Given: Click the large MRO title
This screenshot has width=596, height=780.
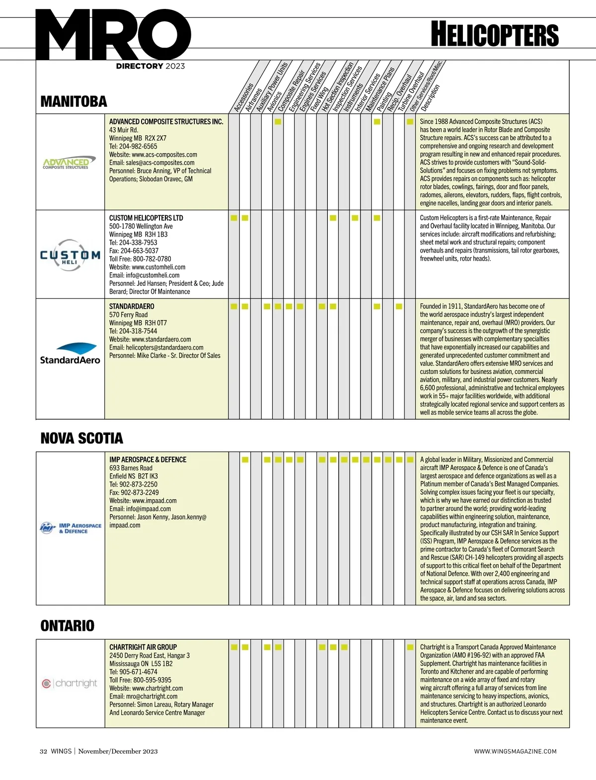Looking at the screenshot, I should point(113,35).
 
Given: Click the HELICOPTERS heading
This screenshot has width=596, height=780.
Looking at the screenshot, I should point(495,34).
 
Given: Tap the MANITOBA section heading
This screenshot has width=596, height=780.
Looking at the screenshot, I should point(74,102).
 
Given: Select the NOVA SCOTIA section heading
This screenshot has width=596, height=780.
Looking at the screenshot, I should point(81,438).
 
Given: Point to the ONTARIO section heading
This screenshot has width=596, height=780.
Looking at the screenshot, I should point(67,626).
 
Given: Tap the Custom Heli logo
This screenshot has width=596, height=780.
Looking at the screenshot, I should point(70,255).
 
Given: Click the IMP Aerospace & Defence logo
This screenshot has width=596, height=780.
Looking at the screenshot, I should point(70,528).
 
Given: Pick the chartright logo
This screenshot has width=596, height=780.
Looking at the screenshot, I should point(70,684).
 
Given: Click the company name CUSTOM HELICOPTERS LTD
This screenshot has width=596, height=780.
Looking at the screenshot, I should point(146,218).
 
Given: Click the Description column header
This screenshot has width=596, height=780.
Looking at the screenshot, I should point(430,98).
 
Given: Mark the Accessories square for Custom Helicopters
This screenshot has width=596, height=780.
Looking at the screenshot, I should point(234,218).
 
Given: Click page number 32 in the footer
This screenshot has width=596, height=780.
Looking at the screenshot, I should point(43,751).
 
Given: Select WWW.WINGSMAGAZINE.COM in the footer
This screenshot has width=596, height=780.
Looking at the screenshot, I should point(515,751).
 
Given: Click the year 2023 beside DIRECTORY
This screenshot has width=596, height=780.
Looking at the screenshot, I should point(175,66).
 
